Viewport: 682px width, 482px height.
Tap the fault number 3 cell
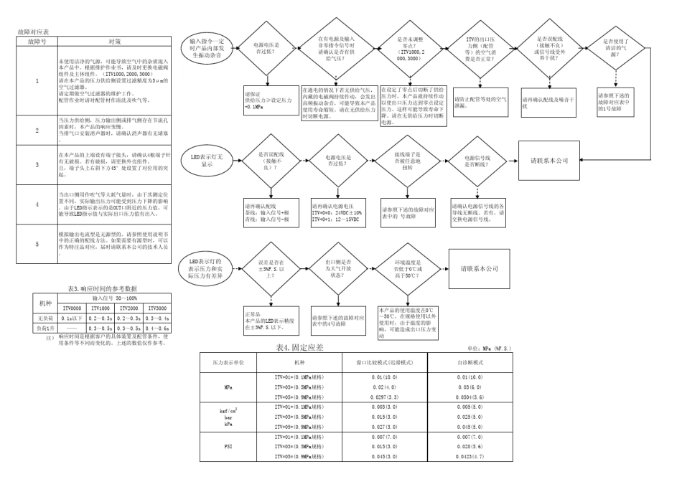click(37, 164)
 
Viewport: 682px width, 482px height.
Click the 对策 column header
click(108, 42)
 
